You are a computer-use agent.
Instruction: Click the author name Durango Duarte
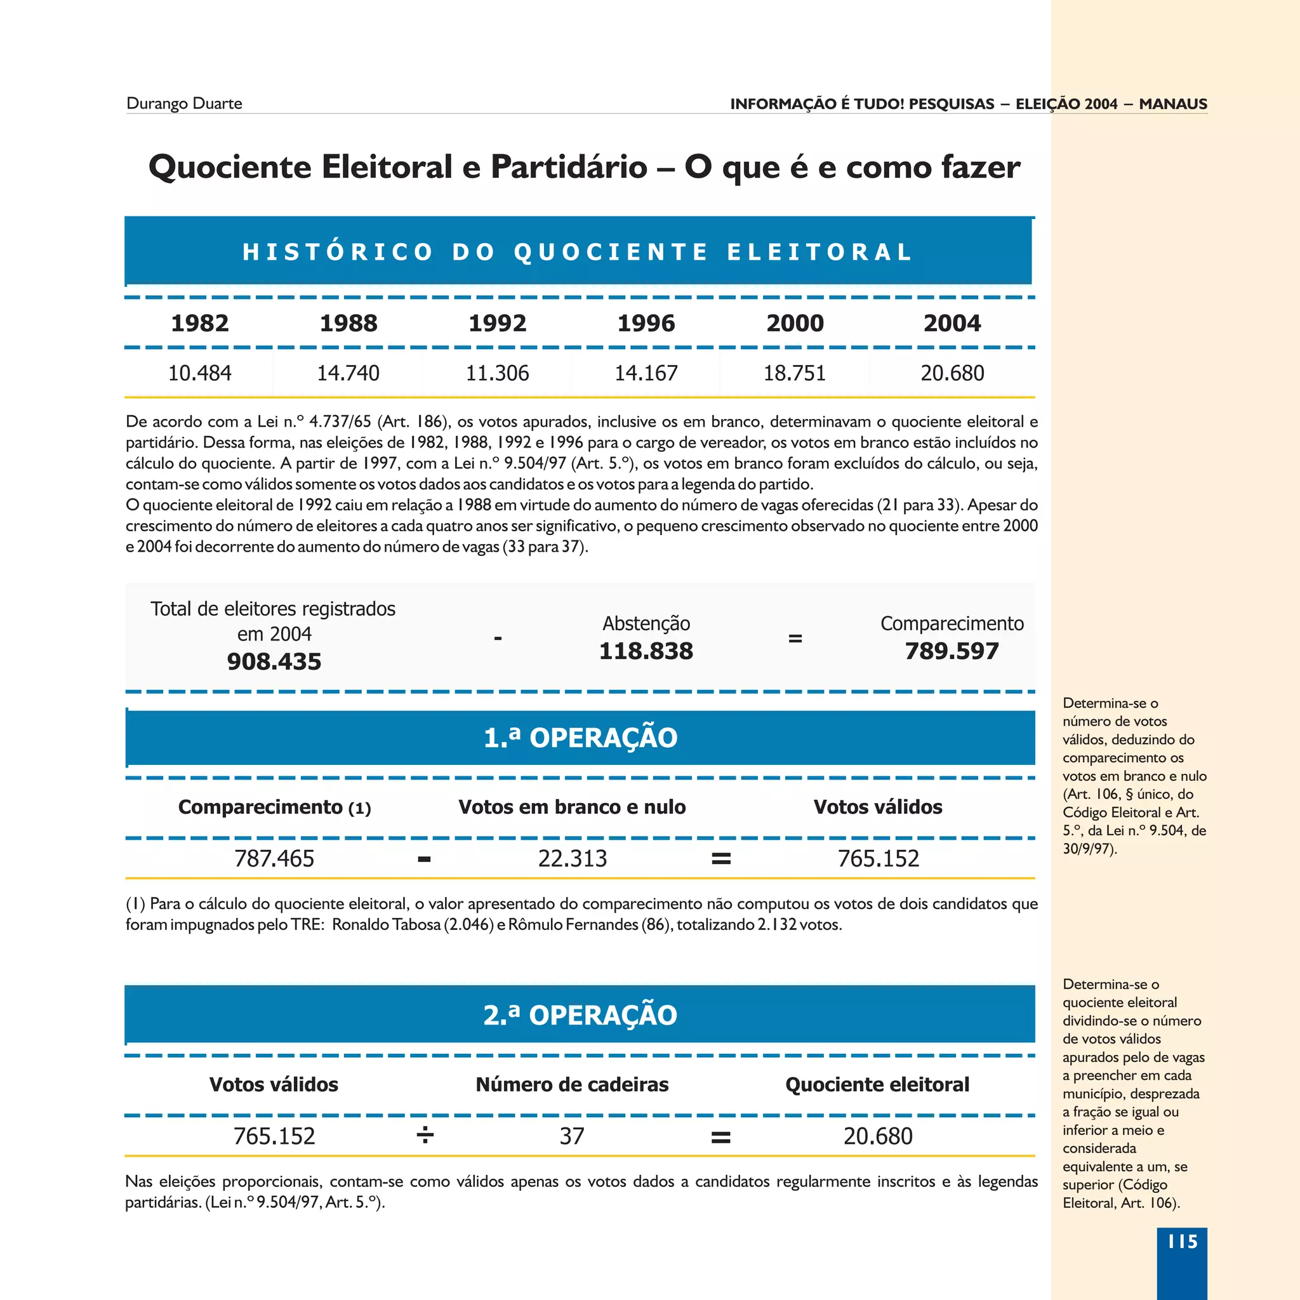pyautogui.click(x=183, y=103)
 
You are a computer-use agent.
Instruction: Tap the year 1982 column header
pyautogui.click(x=200, y=323)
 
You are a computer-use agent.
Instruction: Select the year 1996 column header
pyautogui.click(x=646, y=323)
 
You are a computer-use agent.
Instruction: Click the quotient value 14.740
pyautogui.click(x=348, y=373)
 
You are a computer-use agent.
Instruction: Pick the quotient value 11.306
pyautogui.click(x=497, y=373)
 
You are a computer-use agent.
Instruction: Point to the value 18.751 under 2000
pyautogui.click(x=794, y=373)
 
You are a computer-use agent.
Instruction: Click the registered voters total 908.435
pyautogui.click(x=274, y=661)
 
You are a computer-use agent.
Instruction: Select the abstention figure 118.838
pyautogui.click(x=646, y=651)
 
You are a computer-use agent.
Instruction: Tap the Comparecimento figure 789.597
pyautogui.click(x=952, y=651)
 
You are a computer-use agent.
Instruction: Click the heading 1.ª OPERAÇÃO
pyautogui.click(x=580, y=738)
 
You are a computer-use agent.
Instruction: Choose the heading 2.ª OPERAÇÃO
pyautogui.click(x=580, y=1015)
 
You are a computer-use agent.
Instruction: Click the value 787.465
pyautogui.click(x=274, y=859)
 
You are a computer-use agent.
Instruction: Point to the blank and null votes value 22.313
pyautogui.click(x=572, y=859)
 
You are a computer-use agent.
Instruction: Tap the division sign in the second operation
pyautogui.click(x=425, y=1136)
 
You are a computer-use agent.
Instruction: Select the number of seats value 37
pyautogui.click(x=572, y=1136)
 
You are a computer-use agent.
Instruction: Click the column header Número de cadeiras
pyautogui.click(x=572, y=1084)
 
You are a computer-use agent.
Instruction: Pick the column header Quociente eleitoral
pyautogui.click(x=877, y=1084)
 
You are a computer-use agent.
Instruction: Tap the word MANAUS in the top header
pyautogui.click(x=1173, y=103)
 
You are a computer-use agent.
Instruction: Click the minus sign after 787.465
pyautogui.click(x=424, y=859)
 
